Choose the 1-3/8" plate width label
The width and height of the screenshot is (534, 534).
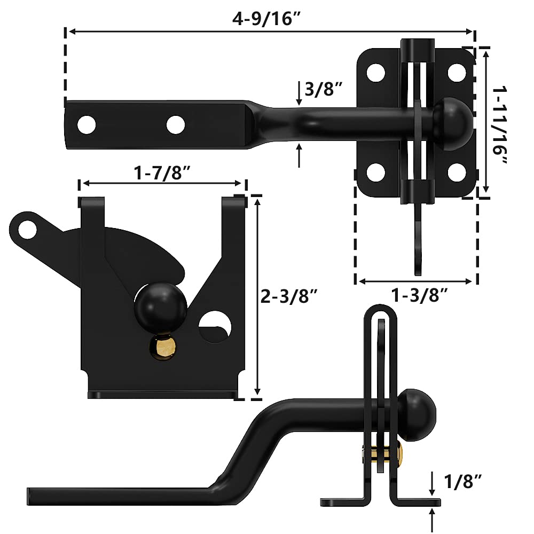[420, 294]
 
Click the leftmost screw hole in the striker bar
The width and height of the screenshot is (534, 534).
[86, 125]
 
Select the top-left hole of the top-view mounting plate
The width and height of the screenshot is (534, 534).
[376, 72]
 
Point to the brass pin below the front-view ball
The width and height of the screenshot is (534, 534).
[162, 347]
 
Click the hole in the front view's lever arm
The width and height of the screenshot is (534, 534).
[27, 229]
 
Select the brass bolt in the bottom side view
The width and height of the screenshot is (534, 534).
[383, 454]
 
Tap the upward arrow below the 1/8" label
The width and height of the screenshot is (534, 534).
[431, 517]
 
